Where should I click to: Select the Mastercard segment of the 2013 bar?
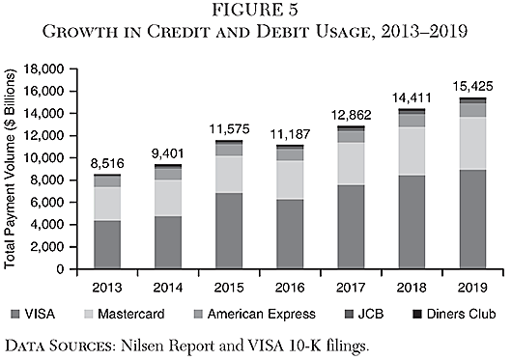[107, 203]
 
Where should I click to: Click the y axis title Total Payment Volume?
[12, 169]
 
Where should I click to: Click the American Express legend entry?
[275, 314]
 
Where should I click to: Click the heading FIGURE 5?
[255, 13]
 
